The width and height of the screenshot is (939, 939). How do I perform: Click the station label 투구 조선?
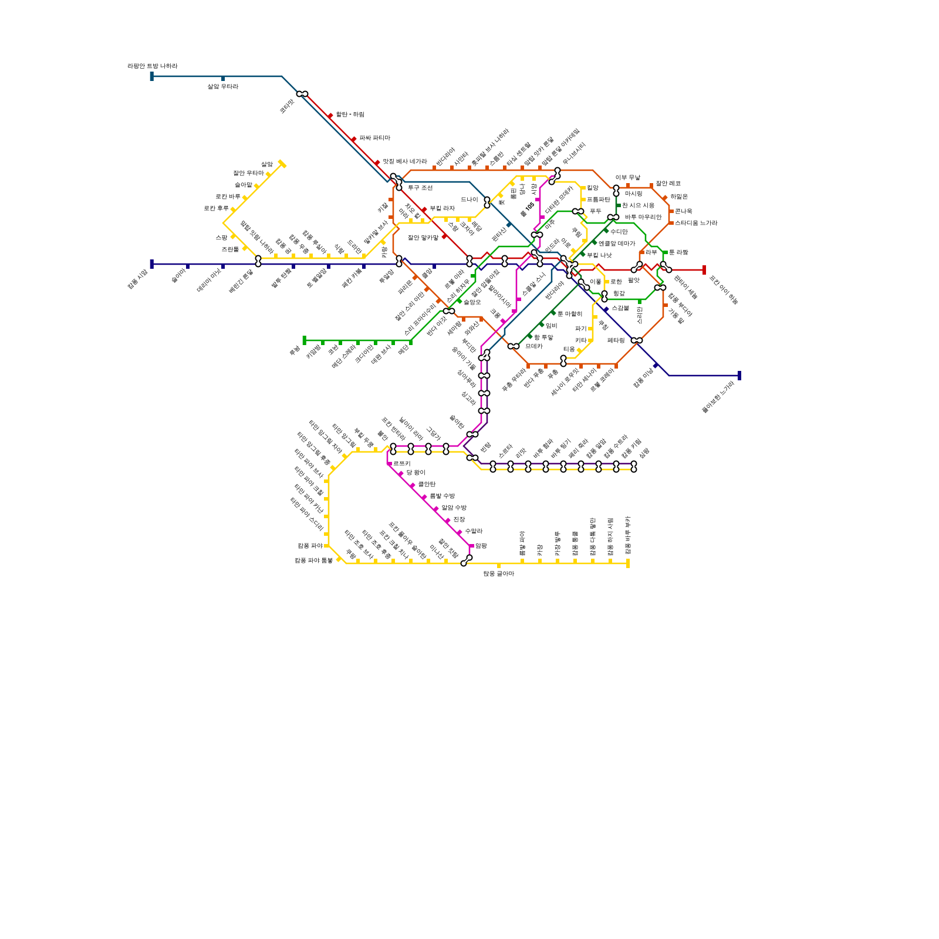click(420, 188)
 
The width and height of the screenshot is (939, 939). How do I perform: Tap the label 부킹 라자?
click(442, 208)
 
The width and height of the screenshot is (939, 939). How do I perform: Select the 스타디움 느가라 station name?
click(695, 223)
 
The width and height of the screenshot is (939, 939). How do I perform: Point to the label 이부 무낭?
click(627, 177)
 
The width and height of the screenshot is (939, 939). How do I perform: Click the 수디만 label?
click(619, 232)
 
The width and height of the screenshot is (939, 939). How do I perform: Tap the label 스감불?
click(620, 308)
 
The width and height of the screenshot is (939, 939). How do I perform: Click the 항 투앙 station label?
click(543, 337)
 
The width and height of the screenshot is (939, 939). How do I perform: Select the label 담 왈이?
click(416, 472)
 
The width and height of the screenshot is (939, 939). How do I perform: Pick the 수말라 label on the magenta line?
click(474, 531)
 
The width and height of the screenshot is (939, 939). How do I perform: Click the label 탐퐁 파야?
click(310, 546)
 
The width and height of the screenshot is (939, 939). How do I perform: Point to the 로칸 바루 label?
click(228, 197)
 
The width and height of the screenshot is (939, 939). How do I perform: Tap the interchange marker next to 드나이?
click(487, 202)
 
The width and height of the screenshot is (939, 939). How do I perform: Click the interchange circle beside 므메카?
click(514, 346)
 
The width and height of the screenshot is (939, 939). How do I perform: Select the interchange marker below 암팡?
click(466, 561)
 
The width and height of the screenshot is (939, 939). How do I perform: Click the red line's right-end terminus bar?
click(704, 270)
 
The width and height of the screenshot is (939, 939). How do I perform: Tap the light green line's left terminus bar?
click(304, 340)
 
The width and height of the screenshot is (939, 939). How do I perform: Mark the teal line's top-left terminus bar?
click(151, 76)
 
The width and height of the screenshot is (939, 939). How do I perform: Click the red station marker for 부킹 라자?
click(424, 210)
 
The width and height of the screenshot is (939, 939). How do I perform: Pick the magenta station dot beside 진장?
click(448, 521)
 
